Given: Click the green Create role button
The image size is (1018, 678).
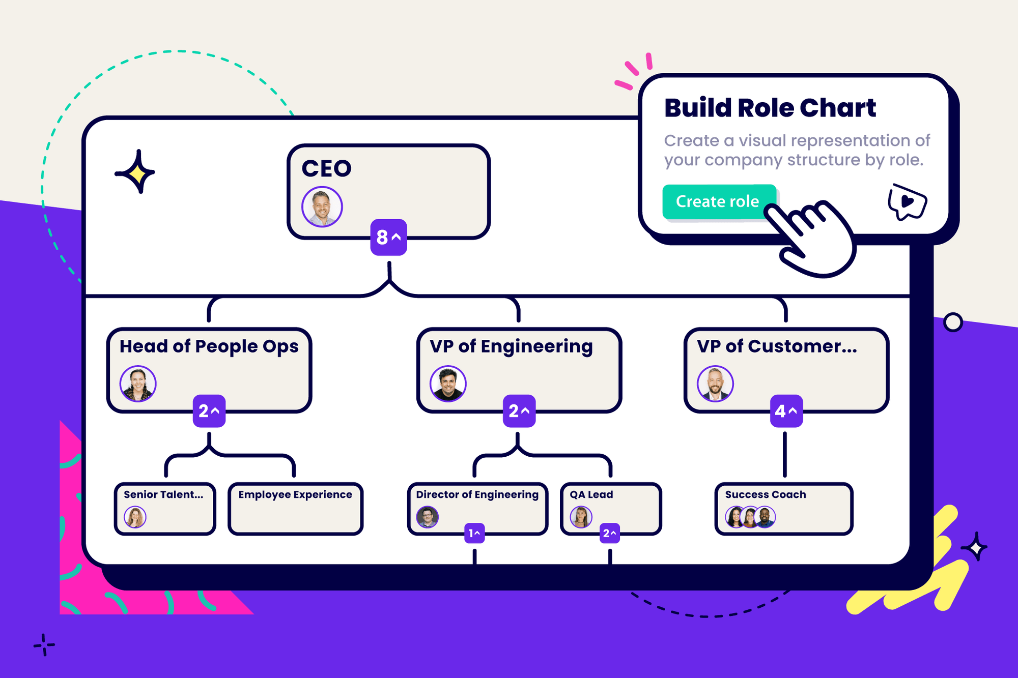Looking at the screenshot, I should (718, 202).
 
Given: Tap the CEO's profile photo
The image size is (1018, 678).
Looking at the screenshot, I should (322, 207).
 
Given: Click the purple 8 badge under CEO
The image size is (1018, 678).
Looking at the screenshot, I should (388, 237).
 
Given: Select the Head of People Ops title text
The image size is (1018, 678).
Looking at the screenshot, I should (209, 346).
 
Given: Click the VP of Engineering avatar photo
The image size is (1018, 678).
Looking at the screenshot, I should (448, 384).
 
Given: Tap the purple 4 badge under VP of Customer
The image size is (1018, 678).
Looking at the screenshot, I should (786, 411).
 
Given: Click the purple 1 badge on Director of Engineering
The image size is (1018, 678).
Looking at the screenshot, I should (474, 533).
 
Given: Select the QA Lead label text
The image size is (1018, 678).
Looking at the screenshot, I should (591, 494).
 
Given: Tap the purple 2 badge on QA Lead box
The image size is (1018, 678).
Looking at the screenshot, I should (609, 533).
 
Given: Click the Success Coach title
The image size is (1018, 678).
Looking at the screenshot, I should (765, 494).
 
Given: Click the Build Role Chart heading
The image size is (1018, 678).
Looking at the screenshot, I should (770, 108).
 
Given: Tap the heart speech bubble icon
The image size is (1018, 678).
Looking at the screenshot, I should (907, 202).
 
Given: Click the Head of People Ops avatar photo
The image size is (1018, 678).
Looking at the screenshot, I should (138, 384).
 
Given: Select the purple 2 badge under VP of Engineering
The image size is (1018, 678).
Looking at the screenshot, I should (519, 411).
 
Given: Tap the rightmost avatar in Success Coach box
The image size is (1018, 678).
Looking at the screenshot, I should (765, 517).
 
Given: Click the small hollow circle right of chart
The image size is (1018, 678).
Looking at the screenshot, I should (953, 322).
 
